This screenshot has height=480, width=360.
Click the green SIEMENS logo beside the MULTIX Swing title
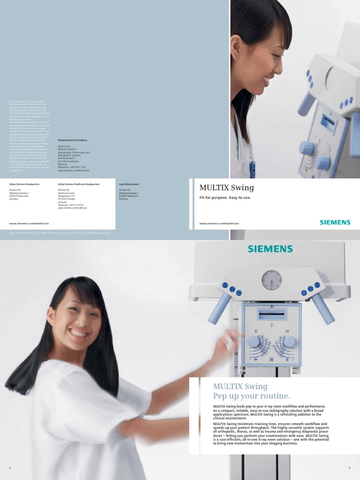pyautogui.click(x=335, y=222)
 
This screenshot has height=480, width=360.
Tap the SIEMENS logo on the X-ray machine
pyautogui.click(x=271, y=249)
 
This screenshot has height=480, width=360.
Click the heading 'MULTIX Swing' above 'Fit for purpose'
pyautogui.click(x=226, y=188)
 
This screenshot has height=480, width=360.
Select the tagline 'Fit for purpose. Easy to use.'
pyautogui.click(x=225, y=198)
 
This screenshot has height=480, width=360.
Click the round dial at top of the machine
pyautogui.click(x=271, y=280)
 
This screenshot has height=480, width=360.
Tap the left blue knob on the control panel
pyautogui.click(x=255, y=341)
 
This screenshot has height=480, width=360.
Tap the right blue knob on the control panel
pyautogui.click(x=289, y=341)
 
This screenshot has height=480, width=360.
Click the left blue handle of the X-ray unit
pyautogui.click(x=219, y=308)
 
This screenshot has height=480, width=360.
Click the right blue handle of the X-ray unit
pyautogui.click(x=323, y=308)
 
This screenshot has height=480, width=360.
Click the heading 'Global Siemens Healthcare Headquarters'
pyautogui.click(x=79, y=185)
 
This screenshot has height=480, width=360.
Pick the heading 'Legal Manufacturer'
pyautogui.click(x=129, y=185)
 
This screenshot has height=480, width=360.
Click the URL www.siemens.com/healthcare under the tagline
pyautogui.click(x=216, y=224)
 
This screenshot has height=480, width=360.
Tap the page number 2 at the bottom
pyautogui.click(x=9, y=468)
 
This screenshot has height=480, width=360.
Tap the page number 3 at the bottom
pyautogui.click(x=350, y=468)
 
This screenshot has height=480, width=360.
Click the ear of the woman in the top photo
pyautogui.click(x=236, y=45)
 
